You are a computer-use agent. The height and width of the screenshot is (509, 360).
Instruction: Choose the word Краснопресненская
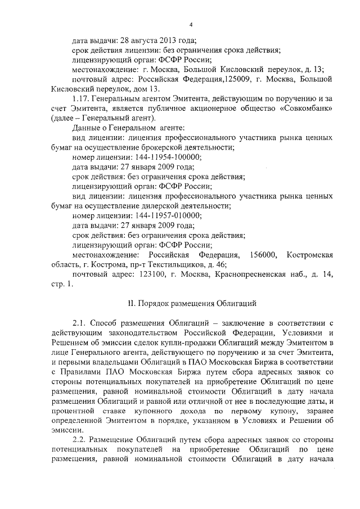pyautogui.click(x=247, y=274)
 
